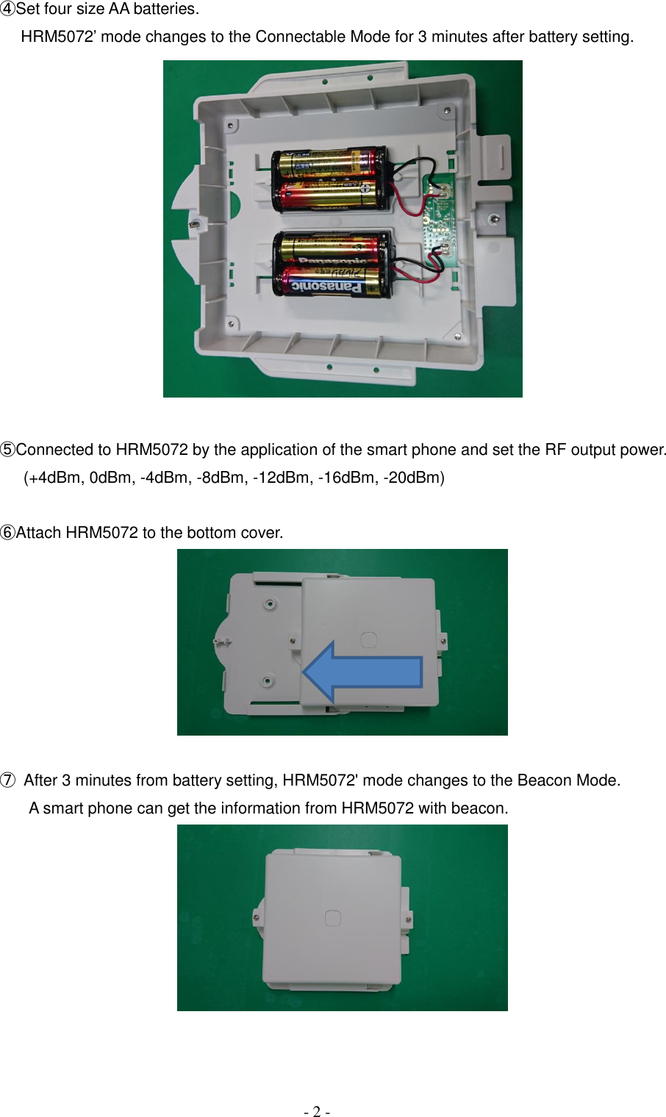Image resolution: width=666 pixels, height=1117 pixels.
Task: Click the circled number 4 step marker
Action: [x=8, y=10]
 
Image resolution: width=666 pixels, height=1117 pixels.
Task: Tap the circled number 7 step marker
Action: [x=8, y=780]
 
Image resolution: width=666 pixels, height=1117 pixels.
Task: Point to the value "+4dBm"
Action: [x=55, y=478]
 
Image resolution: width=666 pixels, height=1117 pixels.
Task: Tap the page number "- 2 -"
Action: [x=317, y=1111]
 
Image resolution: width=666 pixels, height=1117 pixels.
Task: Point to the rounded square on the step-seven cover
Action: [x=333, y=918]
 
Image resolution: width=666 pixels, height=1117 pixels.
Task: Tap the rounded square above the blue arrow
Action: [x=369, y=639]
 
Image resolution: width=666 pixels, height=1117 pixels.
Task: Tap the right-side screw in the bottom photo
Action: [x=409, y=919]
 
